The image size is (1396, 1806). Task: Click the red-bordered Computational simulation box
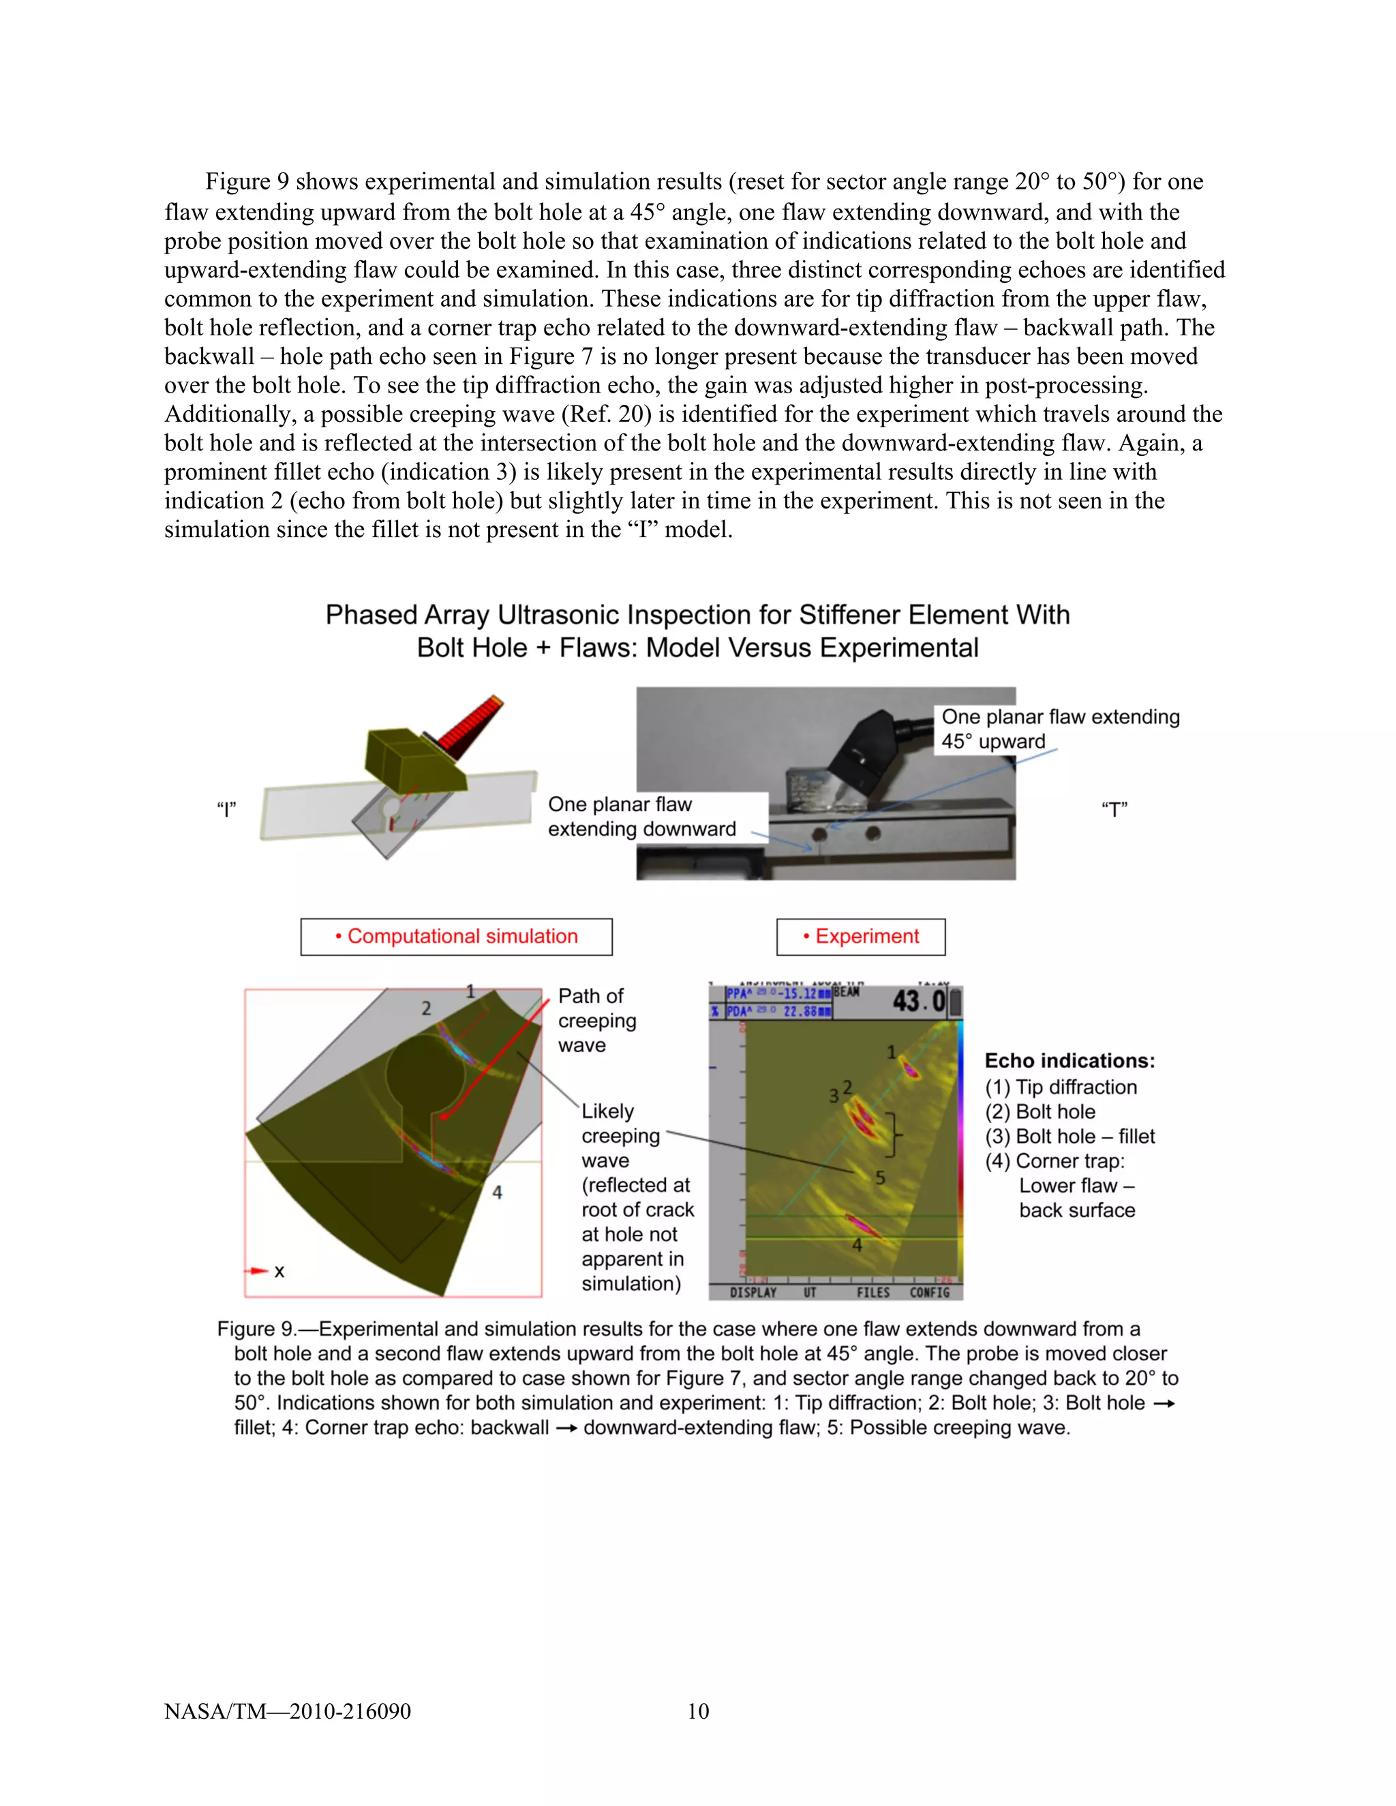457,937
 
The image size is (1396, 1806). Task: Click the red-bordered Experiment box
860,937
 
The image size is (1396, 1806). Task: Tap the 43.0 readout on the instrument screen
918,1001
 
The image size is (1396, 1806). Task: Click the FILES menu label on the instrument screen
873,1292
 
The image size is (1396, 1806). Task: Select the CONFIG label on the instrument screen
930,1292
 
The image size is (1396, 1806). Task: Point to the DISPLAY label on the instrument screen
753,1292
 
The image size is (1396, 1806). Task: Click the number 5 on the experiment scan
880,1178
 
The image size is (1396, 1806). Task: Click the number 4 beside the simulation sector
497,1193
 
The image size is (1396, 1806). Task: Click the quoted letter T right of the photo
1114,810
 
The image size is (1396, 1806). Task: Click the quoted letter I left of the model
226,810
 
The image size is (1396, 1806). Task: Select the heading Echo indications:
1069,1061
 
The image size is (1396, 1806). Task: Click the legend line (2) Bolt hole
1040,1112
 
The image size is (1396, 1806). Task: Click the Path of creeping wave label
596,1020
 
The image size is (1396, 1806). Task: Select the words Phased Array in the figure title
407,615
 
